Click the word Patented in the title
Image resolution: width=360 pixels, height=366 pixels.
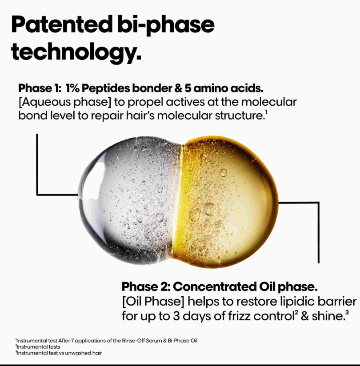point(62,24)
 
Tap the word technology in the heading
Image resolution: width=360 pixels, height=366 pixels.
point(76,52)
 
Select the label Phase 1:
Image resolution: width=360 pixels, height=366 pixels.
point(38,88)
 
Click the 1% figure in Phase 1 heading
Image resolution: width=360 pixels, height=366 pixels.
point(72,88)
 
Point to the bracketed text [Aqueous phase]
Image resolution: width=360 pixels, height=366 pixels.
point(65,102)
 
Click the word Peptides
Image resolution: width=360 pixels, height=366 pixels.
point(106,88)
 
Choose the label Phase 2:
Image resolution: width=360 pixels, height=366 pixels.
point(146,286)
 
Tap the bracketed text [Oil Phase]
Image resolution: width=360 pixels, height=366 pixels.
point(153,302)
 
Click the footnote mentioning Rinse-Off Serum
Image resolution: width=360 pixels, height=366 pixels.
point(107,341)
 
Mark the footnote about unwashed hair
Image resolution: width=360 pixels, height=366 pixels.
point(59,353)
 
